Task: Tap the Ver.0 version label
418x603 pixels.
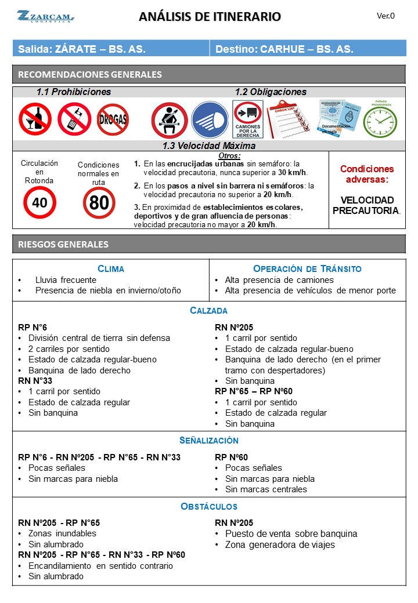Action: coord(385,16)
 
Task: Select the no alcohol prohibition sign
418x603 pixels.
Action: coord(35,119)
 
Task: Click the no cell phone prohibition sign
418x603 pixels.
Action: coord(74,119)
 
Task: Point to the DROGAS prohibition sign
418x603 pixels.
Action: coord(113,119)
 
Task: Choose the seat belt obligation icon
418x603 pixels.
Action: coord(170,120)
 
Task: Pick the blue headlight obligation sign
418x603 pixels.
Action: coord(210,120)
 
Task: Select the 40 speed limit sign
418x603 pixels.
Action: coord(39,202)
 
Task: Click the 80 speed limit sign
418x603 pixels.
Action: coord(99,202)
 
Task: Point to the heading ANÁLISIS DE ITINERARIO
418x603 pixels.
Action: coord(210,17)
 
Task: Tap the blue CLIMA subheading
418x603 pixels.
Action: coord(111,268)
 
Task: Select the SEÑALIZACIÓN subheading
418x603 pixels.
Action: coord(209,441)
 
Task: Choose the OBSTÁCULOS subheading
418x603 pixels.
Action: coord(209,506)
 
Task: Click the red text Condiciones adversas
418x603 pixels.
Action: coord(366,174)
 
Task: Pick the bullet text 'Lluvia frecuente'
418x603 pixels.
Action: coord(66,280)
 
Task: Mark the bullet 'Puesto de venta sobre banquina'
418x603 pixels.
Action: coord(291,533)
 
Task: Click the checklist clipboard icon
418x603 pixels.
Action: coord(289,119)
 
